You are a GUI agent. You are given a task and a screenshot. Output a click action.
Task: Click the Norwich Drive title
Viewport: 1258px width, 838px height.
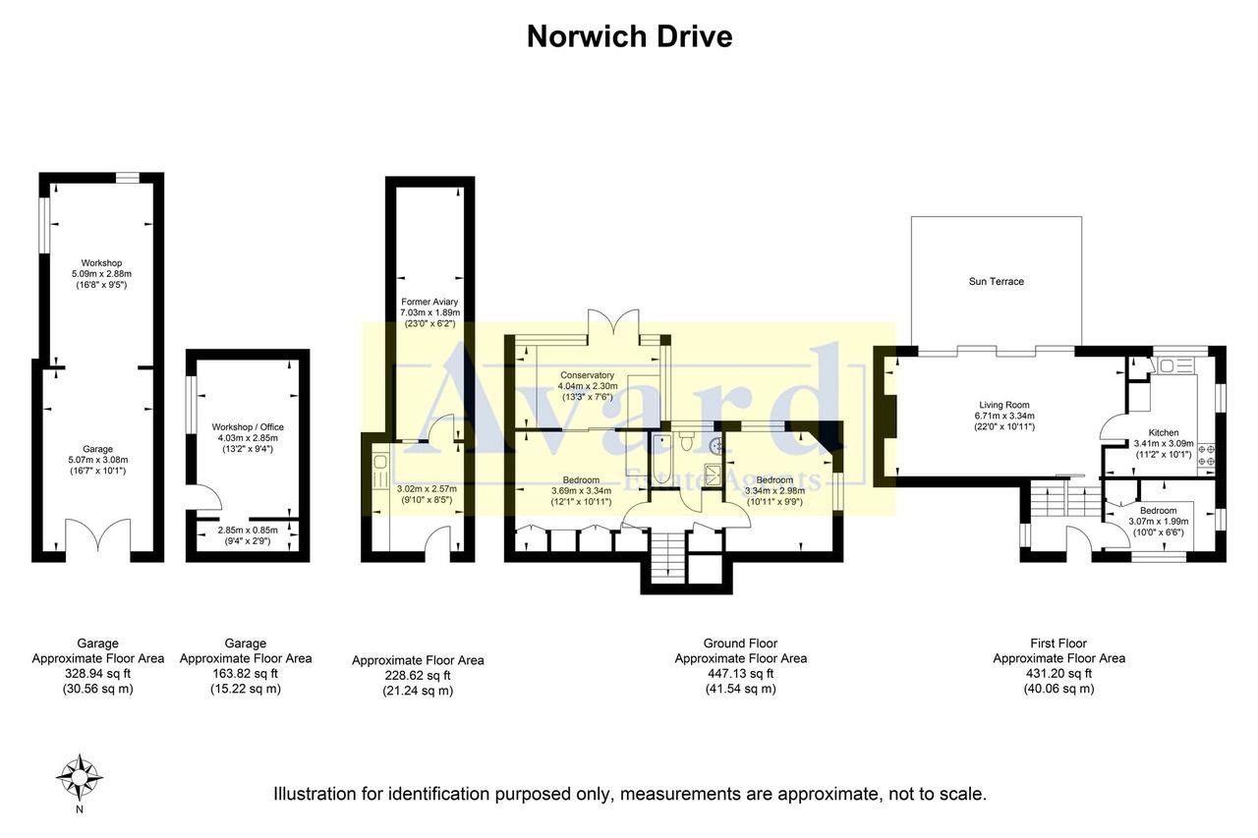(629, 37)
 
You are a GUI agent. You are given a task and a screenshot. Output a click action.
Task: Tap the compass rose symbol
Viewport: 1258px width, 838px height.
(80, 777)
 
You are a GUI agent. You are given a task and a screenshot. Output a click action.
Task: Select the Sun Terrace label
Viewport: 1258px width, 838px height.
(996, 282)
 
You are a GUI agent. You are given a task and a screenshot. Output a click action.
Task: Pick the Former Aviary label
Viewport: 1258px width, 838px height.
(429, 302)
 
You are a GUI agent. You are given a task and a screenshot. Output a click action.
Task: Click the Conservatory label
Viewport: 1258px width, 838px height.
(587, 375)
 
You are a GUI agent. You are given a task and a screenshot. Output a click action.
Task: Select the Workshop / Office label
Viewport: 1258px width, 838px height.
(248, 427)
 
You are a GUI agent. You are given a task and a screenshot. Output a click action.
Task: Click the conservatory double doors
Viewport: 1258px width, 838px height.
(614, 325)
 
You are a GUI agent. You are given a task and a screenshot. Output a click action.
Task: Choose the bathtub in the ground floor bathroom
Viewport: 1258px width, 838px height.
(662, 460)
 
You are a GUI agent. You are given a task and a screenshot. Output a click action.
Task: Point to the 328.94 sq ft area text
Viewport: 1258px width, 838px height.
(97, 674)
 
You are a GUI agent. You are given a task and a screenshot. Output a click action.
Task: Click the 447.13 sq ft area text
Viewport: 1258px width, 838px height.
(740, 674)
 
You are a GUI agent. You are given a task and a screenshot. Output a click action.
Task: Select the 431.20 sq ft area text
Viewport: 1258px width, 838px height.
(1058, 674)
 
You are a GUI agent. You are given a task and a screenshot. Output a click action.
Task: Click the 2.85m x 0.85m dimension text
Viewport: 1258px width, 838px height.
(248, 531)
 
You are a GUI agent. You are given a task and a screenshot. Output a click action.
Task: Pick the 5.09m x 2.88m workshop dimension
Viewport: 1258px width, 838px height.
(102, 274)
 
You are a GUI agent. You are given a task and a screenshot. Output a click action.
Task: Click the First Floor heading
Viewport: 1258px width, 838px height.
(1058, 643)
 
